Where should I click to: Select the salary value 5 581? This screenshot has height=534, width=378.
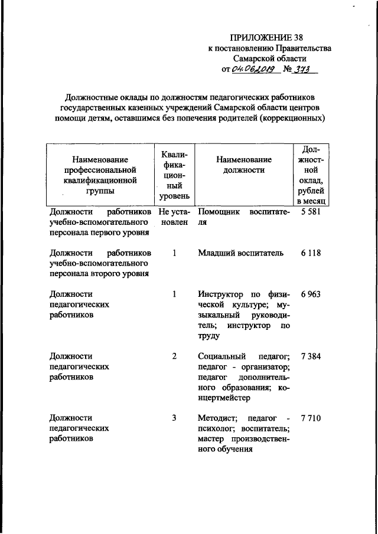coord(310,212)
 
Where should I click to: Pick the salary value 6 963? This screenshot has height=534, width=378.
coord(310,293)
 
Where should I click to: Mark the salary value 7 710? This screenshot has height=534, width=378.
coord(310,418)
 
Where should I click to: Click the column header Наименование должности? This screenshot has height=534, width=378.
coord(243,165)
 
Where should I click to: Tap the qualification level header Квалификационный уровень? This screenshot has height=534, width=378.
coord(174,173)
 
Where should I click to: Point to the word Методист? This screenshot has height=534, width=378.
coord(217,418)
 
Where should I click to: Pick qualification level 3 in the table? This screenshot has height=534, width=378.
coord(174,418)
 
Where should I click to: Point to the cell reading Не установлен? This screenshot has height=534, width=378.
coord(174,217)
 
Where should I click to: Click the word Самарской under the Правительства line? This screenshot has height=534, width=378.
coord(256,59)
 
